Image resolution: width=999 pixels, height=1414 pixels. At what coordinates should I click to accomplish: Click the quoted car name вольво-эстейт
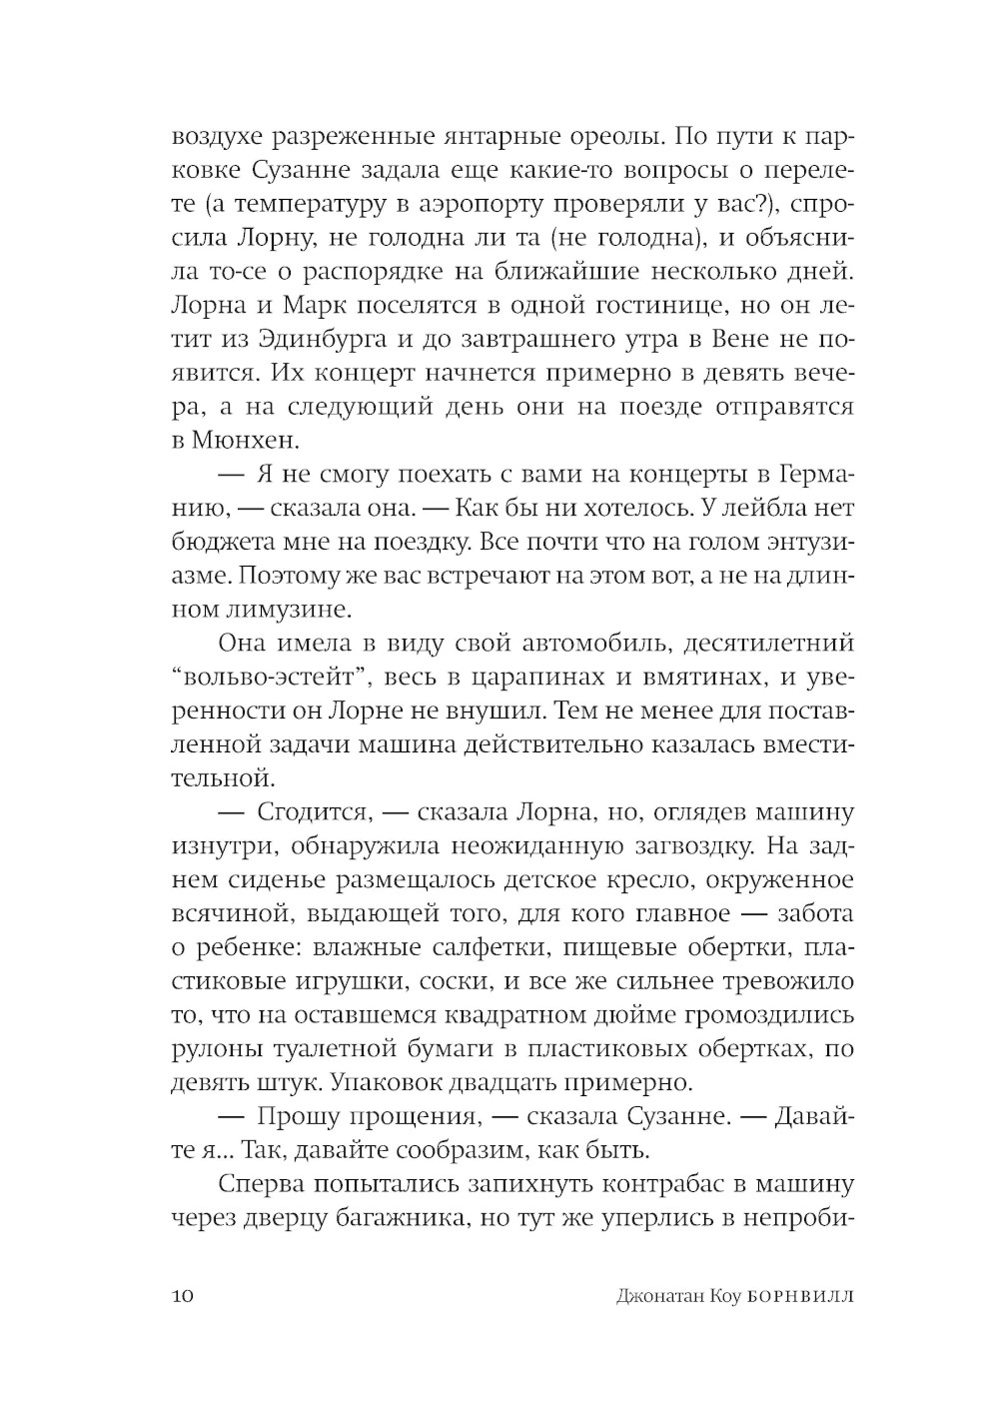point(264,678)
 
